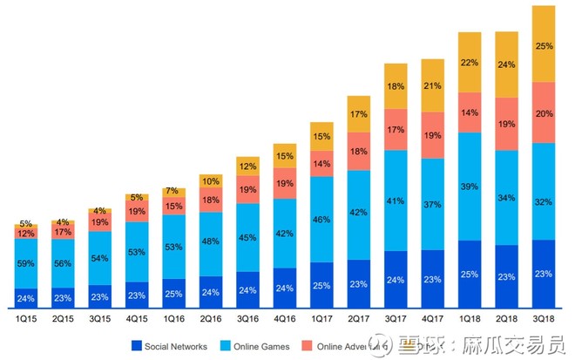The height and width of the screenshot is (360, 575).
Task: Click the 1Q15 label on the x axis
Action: tap(26, 321)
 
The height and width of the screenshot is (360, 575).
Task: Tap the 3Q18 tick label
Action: tap(545, 321)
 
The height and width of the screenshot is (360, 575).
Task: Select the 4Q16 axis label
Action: tap(285, 321)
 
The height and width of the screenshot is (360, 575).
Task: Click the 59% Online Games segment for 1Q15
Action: tap(26, 263)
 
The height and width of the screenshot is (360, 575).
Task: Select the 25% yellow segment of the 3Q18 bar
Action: tap(545, 44)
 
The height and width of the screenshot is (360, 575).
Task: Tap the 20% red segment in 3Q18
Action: tap(545, 112)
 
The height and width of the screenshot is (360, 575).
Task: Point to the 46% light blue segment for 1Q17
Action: tap(322, 220)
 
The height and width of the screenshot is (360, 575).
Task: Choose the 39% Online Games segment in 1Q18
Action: tap(470, 187)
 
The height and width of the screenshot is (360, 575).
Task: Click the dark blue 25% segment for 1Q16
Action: tap(174, 293)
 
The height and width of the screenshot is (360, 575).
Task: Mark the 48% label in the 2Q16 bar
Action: tap(211, 241)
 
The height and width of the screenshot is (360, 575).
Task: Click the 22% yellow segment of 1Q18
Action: tap(470, 63)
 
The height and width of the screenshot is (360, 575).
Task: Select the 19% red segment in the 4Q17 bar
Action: tap(433, 135)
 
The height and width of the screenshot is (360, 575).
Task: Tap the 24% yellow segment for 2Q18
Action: tap(507, 65)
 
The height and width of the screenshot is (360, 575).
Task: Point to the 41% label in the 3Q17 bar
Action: tap(396, 200)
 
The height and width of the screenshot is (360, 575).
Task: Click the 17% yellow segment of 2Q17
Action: tap(359, 113)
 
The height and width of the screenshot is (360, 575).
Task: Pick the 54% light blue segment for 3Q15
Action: tap(100, 258)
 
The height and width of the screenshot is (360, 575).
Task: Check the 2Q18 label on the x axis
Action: tap(507, 321)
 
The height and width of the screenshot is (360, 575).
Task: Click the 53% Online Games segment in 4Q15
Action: tap(137, 253)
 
